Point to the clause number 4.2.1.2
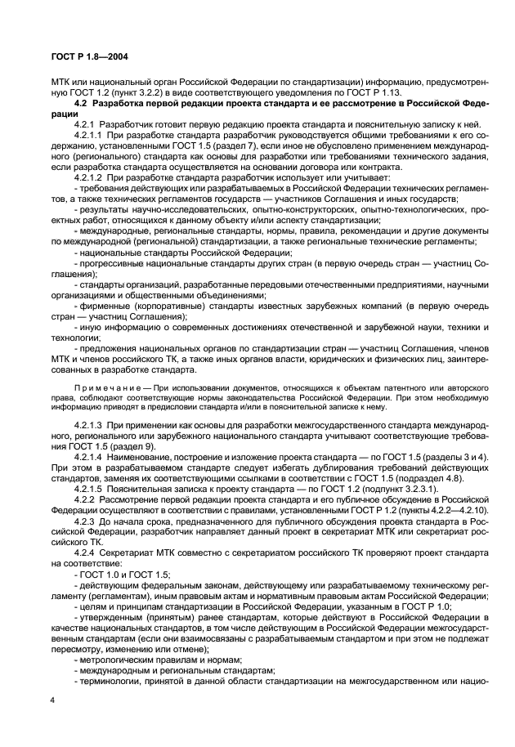click(x=89, y=177)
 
